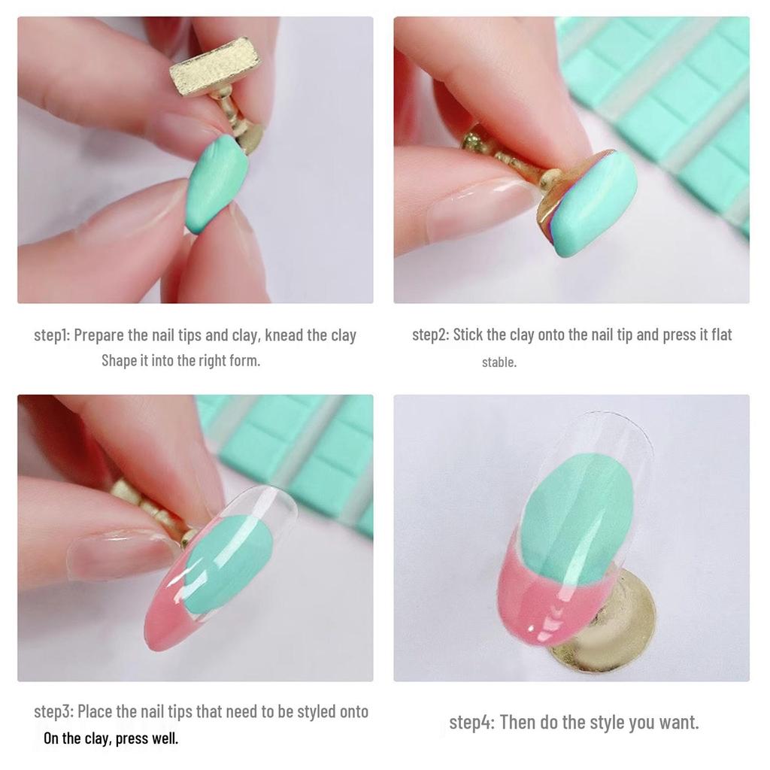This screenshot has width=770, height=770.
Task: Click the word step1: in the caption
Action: pyautogui.click(x=52, y=335)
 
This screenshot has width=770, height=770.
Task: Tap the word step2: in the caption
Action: pyautogui.click(x=430, y=335)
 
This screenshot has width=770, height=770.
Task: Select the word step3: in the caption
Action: pyautogui.click(x=53, y=711)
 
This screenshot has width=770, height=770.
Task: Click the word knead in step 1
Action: pyautogui.click(x=284, y=335)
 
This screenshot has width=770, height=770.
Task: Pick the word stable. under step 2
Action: pyautogui.click(x=499, y=362)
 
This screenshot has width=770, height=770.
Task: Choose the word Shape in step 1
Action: pyautogui.click(x=119, y=360)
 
